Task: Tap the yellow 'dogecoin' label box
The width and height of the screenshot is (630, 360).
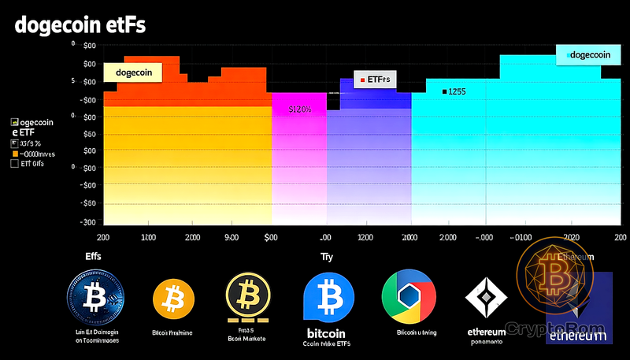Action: coord(132,72)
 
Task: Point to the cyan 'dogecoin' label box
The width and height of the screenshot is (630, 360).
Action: coord(587,54)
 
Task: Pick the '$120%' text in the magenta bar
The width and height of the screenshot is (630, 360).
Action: coord(300,109)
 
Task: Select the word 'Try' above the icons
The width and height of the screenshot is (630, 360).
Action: coord(326,257)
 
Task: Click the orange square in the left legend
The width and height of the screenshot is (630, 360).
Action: coord(14,154)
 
